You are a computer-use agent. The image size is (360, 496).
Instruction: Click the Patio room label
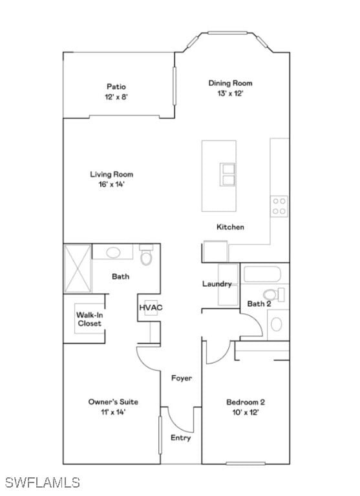click(116, 87)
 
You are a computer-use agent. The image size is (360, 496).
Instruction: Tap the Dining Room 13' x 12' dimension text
click(229, 93)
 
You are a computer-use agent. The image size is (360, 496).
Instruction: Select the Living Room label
click(111, 174)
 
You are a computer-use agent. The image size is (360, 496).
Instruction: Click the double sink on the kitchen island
click(228, 174)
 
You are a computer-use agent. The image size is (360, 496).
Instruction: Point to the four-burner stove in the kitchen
click(279, 206)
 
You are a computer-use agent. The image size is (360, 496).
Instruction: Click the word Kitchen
click(230, 227)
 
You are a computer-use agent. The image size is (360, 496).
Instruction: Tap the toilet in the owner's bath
click(146, 257)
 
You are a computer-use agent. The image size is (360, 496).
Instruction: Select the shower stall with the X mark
click(78, 268)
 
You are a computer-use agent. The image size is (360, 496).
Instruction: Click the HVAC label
click(151, 307)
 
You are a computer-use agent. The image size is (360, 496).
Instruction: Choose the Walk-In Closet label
click(89, 319)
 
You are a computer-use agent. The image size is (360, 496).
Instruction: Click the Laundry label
click(217, 284)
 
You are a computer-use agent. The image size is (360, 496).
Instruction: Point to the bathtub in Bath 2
click(261, 275)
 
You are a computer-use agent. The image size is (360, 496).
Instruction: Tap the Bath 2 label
click(259, 304)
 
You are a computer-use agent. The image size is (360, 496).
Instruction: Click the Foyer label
click(181, 378)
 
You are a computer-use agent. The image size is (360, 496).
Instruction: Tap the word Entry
click(180, 438)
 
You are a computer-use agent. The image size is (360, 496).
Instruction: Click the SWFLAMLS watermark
click(42, 482)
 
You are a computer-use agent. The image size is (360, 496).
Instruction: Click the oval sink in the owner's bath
click(112, 253)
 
